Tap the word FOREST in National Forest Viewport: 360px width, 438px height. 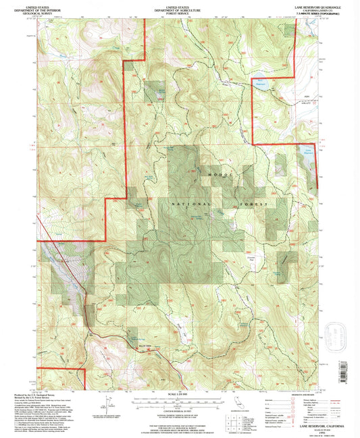[x=254, y=203]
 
